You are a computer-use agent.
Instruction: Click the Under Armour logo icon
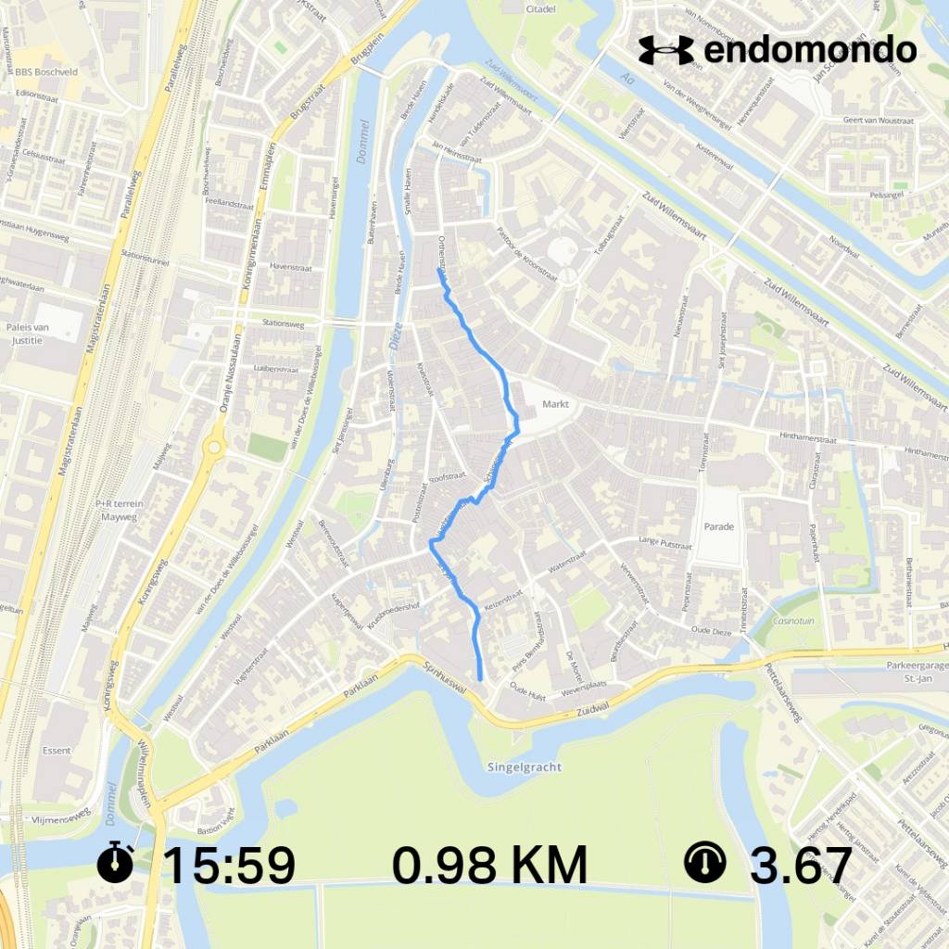tap(665, 50)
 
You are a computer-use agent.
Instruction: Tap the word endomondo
tap(810, 50)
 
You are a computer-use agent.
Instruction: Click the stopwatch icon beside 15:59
tap(115, 864)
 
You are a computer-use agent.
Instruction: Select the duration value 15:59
tap(228, 866)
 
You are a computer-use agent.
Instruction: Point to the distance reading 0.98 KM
tap(489, 866)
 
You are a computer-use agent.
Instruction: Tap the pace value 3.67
tap(801, 866)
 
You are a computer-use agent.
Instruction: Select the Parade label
tap(718, 526)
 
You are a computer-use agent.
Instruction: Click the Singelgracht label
tap(525, 767)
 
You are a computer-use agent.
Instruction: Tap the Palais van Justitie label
tap(27, 333)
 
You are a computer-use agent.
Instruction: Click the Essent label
tap(57, 750)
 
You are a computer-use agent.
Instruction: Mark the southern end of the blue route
tap(481, 679)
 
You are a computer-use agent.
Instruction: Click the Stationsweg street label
tap(284, 324)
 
